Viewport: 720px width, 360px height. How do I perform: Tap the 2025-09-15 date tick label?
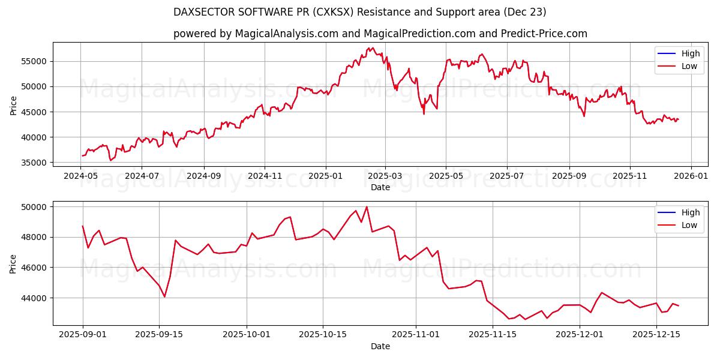click(x=159, y=335)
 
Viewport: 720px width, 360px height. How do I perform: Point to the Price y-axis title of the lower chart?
click(x=14, y=263)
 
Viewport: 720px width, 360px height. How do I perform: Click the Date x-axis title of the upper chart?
click(x=380, y=187)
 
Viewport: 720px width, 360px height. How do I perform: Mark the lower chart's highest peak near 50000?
click(x=367, y=207)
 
